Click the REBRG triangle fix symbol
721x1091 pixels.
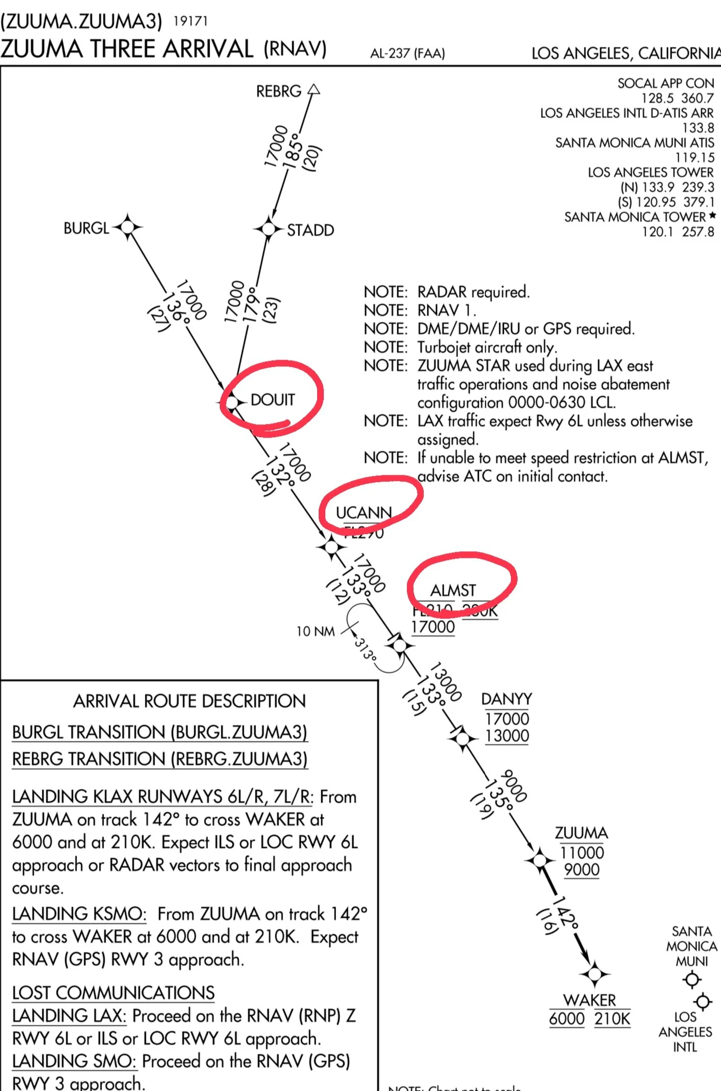[x=314, y=90]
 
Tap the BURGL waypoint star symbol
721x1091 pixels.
[x=127, y=226]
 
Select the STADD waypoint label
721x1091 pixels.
[x=310, y=230]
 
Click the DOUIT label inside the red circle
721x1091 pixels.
[x=272, y=400]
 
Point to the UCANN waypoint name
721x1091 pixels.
[x=364, y=512]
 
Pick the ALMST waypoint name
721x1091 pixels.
[x=453, y=590]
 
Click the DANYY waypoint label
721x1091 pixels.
[x=506, y=699]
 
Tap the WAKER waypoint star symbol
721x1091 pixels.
[x=595, y=974]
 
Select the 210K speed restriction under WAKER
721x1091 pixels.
[x=612, y=1019]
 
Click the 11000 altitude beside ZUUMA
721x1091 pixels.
[x=582, y=853]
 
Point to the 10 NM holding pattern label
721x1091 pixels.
[x=316, y=631]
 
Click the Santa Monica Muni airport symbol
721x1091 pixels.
[x=692, y=979]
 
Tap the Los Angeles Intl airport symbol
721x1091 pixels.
[x=703, y=1001]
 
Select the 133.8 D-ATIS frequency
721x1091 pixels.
[x=698, y=127]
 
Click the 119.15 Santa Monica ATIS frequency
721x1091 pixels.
[x=694, y=157]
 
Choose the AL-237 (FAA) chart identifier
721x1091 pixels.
[x=407, y=54]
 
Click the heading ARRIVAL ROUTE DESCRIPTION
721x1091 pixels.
[x=189, y=701]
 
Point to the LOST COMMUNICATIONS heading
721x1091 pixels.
[x=113, y=992]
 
